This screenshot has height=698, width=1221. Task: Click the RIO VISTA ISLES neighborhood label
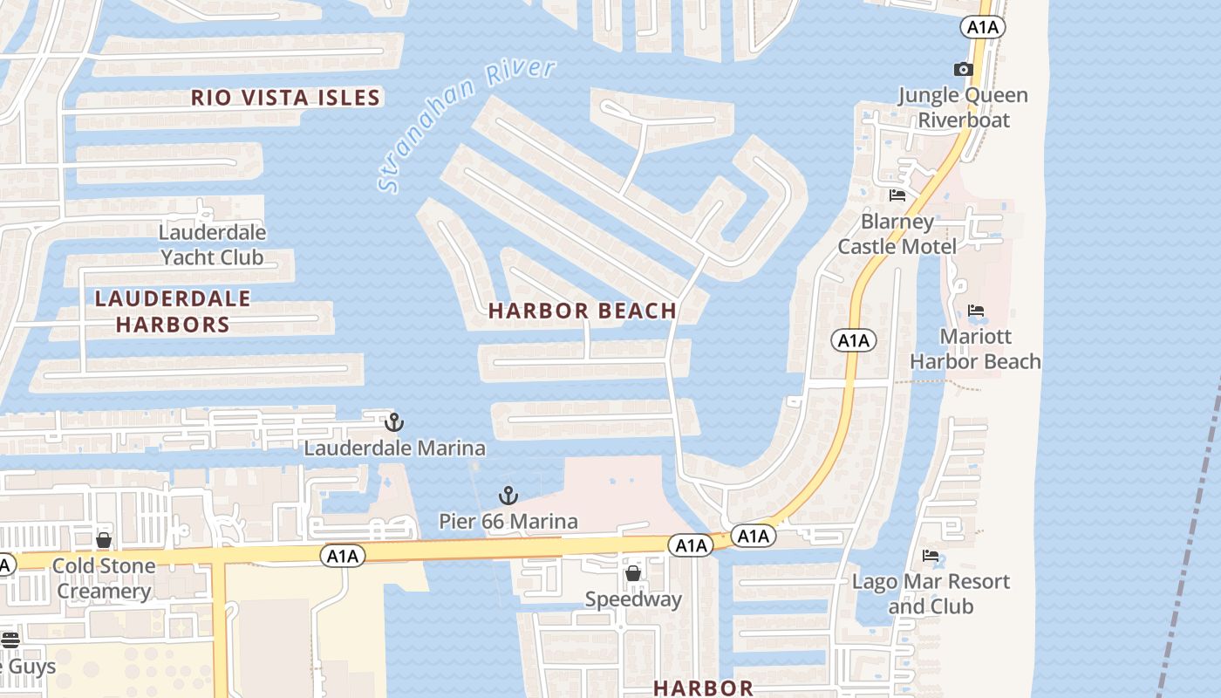(x=286, y=97)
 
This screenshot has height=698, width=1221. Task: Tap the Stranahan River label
(x=467, y=125)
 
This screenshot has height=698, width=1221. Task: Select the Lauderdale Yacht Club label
(x=213, y=245)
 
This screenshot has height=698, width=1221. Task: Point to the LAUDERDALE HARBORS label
(x=173, y=311)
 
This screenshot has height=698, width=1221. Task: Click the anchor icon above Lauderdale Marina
(x=394, y=422)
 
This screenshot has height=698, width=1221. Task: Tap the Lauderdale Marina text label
(x=394, y=448)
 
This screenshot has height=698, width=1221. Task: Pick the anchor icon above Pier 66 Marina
(x=508, y=496)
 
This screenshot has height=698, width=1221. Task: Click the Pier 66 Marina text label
(x=508, y=522)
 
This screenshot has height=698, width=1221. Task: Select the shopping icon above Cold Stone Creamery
(x=104, y=540)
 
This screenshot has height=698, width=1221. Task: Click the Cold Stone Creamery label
(x=104, y=578)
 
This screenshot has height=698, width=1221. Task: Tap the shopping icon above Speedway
(x=633, y=573)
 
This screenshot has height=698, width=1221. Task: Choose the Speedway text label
(x=633, y=599)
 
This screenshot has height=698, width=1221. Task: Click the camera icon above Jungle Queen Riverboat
(x=963, y=69)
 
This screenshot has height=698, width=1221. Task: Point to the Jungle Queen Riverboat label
(x=963, y=107)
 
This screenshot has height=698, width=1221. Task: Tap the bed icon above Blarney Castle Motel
(x=897, y=195)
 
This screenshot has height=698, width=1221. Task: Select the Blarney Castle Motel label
(x=897, y=234)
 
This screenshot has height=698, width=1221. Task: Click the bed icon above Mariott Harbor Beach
(x=976, y=311)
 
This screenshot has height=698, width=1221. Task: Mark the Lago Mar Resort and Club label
(x=931, y=593)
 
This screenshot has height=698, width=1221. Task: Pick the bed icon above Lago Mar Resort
(x=931, y=556)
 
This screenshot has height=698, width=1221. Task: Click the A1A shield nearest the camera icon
(x=983, y=28)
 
